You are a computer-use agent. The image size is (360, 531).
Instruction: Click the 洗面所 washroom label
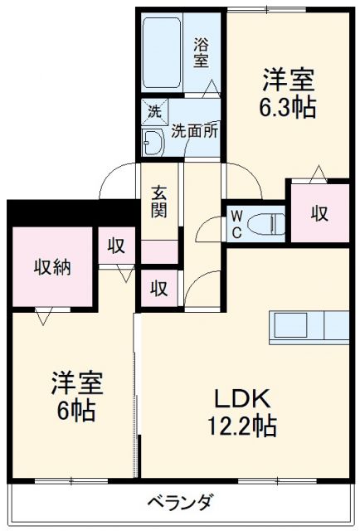[195, 130]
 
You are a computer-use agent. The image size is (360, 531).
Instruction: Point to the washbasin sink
[154, 143]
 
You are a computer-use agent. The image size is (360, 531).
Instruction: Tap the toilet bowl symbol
[265, 222]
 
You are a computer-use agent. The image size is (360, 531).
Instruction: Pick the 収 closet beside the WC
[319, 213]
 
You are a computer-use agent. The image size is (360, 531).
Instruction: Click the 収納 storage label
[51, 267]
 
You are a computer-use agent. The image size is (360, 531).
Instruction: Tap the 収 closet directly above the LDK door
[159, 288]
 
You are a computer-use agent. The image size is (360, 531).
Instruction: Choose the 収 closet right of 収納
[116, 246]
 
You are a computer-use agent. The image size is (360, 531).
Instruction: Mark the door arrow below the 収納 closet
[43, 315]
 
